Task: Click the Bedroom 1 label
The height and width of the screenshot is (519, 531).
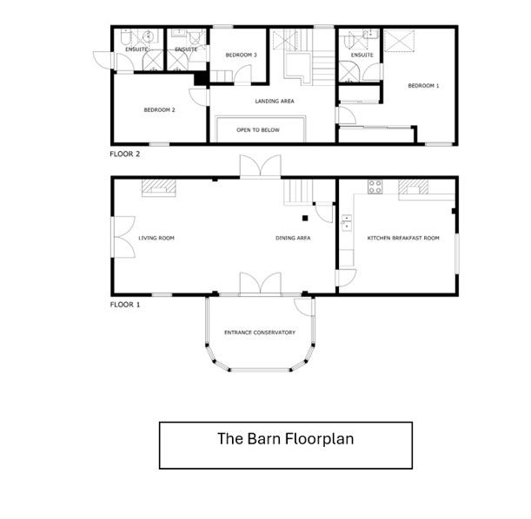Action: point(423,86)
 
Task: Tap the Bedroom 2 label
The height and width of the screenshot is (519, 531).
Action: point(160,110)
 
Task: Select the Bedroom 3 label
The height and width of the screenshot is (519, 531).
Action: point(241,55)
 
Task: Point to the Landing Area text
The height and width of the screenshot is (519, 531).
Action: point(275,101)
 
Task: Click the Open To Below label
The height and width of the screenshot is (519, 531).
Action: point(258,130)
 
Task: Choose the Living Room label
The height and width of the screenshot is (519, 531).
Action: point(156,238)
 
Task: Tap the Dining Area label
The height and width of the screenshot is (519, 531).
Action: point(293,238)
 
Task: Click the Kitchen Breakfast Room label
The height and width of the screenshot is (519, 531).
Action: point(403,238)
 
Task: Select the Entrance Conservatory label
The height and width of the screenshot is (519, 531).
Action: point(260,332)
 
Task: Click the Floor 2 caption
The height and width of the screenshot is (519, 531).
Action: point(124,154)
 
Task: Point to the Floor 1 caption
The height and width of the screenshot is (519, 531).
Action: point(124,305)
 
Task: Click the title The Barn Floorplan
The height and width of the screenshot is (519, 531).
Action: point(285,439)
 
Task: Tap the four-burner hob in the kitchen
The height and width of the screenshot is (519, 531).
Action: point(375,187)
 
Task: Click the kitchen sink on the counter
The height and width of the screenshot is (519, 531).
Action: point(347,223)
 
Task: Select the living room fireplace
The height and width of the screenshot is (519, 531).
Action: point(159,187)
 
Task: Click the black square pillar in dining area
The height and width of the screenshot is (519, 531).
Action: point(305,219)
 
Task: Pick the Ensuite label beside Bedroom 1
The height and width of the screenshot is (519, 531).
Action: point(362,55)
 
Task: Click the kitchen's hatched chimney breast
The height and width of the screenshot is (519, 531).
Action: point(413,187)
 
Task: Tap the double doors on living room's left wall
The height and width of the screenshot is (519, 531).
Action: point(123,237)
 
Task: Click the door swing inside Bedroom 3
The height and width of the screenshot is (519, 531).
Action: point(242,74)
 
